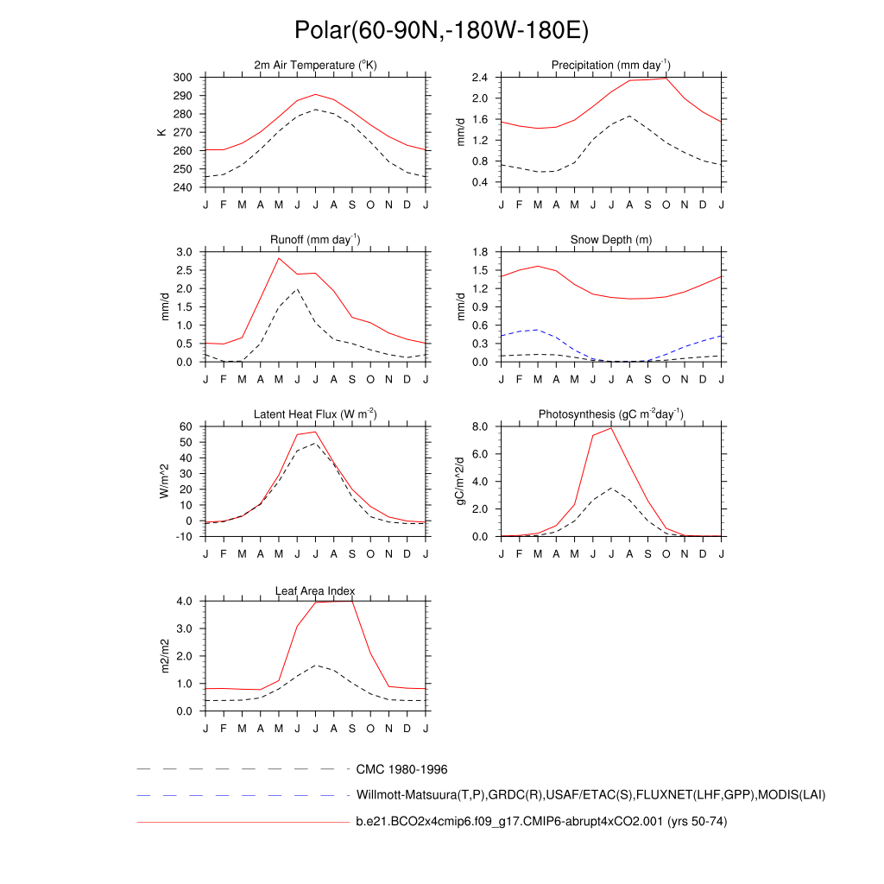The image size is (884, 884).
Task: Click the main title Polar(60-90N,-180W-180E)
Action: tap(441, 31)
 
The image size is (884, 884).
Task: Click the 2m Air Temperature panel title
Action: tap(315, 66)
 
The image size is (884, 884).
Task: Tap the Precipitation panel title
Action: tap(611, 66)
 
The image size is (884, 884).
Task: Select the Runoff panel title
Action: tap(315, 240)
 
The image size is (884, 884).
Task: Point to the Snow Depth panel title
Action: tap(611, 240)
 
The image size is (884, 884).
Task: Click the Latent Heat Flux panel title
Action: tap(315, 414)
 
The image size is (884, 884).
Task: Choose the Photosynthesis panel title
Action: tap(611, 414)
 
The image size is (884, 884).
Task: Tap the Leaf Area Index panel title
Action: tap(315, 590)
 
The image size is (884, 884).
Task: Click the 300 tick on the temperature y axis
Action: tap(182, 78)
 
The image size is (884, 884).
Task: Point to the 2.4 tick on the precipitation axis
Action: tap(481, 78)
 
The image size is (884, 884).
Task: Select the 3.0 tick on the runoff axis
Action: tap(185, 252)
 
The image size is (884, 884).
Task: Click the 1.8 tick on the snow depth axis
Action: tap(481, 252)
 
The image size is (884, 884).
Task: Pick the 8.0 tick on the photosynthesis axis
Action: tap(481, 426)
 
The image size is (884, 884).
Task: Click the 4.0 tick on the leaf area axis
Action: tap(185, 601)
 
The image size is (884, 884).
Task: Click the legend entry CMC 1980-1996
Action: tap(401, 769)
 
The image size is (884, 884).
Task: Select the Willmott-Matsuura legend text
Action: tap(590, 795)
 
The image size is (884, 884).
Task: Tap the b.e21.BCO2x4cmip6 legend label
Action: tap(541, 822)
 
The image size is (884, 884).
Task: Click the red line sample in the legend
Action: tap(242, 823)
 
